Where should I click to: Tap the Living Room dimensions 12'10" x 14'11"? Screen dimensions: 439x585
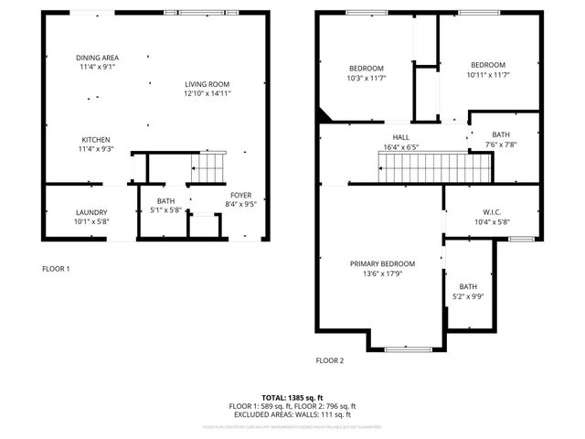point(206,93)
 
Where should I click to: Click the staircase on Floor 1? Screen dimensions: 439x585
point(207,167)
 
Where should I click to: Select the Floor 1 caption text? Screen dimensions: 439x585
point(56,269)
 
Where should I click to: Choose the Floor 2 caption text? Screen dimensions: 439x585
point(330,360)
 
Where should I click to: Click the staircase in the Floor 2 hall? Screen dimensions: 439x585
point(435,167)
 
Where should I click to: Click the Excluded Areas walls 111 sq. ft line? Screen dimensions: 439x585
point(292,414)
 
